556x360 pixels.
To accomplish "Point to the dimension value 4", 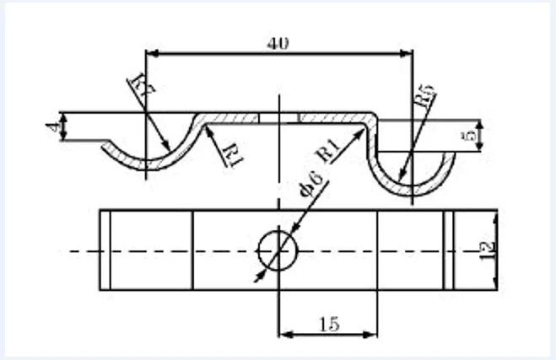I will [x=53, y=127].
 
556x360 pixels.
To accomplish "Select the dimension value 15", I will [x=328, y=322].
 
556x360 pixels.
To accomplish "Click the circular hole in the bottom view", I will [x=278, y=250].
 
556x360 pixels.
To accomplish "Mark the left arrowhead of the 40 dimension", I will [x=150, y=55].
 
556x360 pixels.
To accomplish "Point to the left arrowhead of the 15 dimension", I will [x=283, y=335].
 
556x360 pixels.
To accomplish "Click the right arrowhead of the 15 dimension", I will [x=372, y=335].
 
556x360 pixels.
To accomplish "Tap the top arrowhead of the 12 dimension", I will [x=494, y=214].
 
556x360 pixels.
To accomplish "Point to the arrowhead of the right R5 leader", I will [x=403, y=179].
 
